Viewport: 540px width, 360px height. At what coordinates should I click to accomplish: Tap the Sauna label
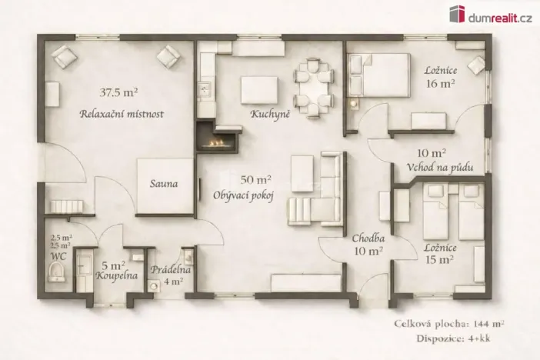pos(164,184)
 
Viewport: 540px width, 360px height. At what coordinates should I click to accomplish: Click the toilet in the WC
pos(55,272)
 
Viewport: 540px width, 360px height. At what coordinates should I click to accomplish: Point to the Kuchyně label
pos(269,114)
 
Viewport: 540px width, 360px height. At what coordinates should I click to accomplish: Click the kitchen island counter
pos(259,89)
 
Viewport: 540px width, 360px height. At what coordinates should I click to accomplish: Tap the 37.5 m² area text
pos(118,92)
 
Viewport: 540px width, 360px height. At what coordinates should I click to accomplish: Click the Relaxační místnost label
pos(122,114)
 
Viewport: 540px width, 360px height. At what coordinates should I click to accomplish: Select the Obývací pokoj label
pos(244,195)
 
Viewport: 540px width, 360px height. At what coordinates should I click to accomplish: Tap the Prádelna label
pos(171,270)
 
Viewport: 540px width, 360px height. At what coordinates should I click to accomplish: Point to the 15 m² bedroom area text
pos(440,259)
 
